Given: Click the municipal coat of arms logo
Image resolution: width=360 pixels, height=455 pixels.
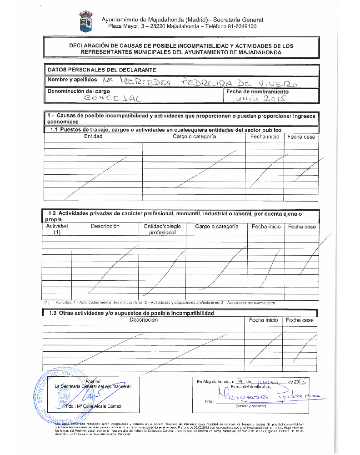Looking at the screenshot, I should pos(85,22).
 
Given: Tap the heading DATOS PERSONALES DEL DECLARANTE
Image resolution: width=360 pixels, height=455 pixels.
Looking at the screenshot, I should pos(102,70).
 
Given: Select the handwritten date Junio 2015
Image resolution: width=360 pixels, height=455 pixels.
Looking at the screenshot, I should pos(257,98).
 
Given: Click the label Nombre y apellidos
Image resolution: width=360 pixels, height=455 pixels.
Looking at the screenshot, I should pos(72,80).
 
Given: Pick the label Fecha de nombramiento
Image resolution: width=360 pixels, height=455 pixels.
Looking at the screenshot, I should pos(257,91).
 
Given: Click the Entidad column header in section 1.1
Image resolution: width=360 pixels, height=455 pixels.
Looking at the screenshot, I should pos(93,136).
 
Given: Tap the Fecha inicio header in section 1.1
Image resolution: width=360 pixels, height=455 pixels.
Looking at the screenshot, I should pos(265,137).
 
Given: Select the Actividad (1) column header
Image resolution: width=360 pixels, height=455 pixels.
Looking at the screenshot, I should pos(57,229).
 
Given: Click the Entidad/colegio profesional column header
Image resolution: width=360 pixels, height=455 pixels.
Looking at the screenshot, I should pos(162,229).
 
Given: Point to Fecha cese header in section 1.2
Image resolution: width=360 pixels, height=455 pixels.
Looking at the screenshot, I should pos(302,227).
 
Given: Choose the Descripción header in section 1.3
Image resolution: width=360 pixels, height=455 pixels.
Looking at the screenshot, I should pos(144,320).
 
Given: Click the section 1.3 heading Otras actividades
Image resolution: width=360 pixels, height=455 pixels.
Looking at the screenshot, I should pos(131,313).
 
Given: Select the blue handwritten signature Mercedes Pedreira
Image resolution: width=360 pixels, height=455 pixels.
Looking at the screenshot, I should pos(268,396).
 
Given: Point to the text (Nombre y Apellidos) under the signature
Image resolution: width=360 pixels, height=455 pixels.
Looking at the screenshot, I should pos(250,405).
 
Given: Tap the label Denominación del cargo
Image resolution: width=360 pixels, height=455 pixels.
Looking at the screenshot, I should pos(79,91).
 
